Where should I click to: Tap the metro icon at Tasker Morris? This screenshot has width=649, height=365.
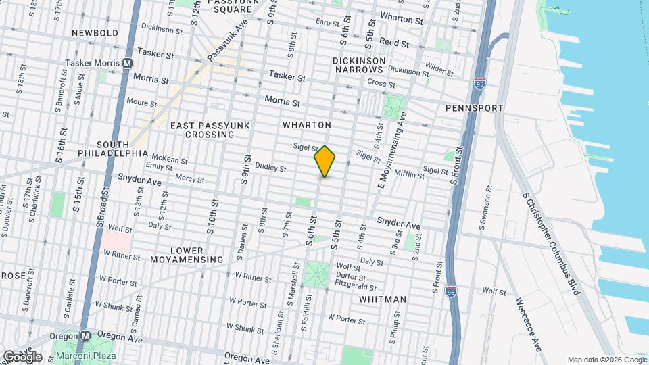click(126, 63)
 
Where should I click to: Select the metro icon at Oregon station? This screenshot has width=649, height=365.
click(86, 335)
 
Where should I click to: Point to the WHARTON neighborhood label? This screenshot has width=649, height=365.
click(306, 125)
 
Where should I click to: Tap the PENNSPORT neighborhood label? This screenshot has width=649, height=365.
click(474, 108)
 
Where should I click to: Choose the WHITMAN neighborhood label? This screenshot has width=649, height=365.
click(383, 299)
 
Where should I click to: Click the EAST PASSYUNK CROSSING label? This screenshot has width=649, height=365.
click(201, 130)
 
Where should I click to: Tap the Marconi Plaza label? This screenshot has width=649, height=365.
click(86, 356)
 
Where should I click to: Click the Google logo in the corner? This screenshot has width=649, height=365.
click(22, 356)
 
